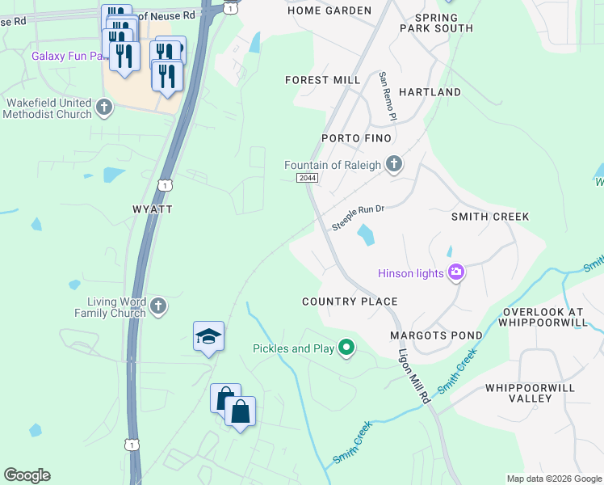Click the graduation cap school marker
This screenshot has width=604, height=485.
tap(208, 337)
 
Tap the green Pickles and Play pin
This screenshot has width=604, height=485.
tap(346, 348)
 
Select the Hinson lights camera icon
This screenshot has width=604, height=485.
tap(456, 272)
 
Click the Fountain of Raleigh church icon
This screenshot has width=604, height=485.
tap(393, 165)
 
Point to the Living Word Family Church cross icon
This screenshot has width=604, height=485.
tap(158, 306)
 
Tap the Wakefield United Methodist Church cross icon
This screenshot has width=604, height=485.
tap(103, 108)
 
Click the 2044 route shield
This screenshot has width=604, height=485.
tap(307, 178)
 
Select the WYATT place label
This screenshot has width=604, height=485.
tap(153, 209)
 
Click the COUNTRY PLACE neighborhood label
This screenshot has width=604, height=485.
tap(350, 302)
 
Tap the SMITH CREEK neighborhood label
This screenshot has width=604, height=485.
tap(490, 217)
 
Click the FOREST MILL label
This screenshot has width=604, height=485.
tap(323, 80)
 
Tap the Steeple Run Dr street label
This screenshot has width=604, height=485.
tap(357, 217)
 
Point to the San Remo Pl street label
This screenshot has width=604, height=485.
tap(388, 96)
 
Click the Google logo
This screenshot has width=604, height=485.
tap(27, 475)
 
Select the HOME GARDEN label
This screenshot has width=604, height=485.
tap(329, 11)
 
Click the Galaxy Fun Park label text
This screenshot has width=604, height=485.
tap(69, 57)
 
